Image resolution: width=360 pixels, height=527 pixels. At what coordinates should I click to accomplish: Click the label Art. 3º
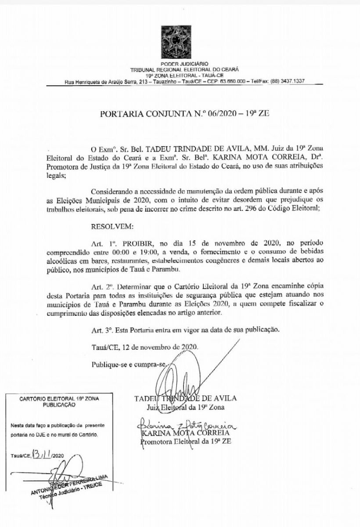click(100, 329)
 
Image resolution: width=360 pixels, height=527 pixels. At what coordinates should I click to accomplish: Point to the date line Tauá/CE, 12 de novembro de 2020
click(145, 346)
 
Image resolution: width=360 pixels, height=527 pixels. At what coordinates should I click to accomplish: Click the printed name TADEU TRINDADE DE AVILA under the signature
click(186, 398)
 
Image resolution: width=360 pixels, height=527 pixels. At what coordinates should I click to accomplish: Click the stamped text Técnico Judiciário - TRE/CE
click(69, 490)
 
